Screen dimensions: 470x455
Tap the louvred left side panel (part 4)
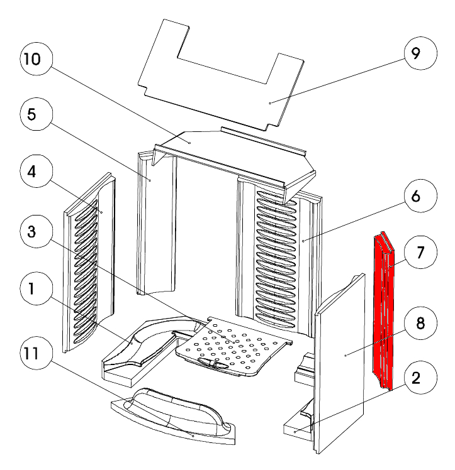click(x=88, y=264)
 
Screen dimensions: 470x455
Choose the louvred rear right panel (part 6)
click(x=277, y=251)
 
